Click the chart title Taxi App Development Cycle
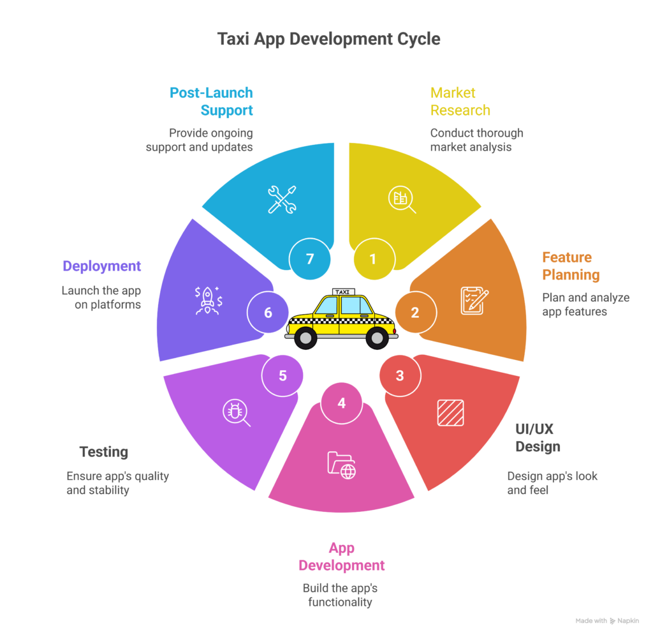(328, 39)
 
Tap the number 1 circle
(373, 259)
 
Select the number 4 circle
(342, 403)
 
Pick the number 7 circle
(310, 259)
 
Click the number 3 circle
(400, 375)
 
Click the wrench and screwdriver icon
(281, 199)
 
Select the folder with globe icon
(342, 465)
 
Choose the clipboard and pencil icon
(474, 300)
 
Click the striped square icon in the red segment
(450, 412)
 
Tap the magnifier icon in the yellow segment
(402, 200)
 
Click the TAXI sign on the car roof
(342, 292)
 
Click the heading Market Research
(460, 101)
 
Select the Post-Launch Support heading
(212, 101)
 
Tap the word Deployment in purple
(102, 266)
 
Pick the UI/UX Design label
(538, 437)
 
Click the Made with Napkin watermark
(607, 620)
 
